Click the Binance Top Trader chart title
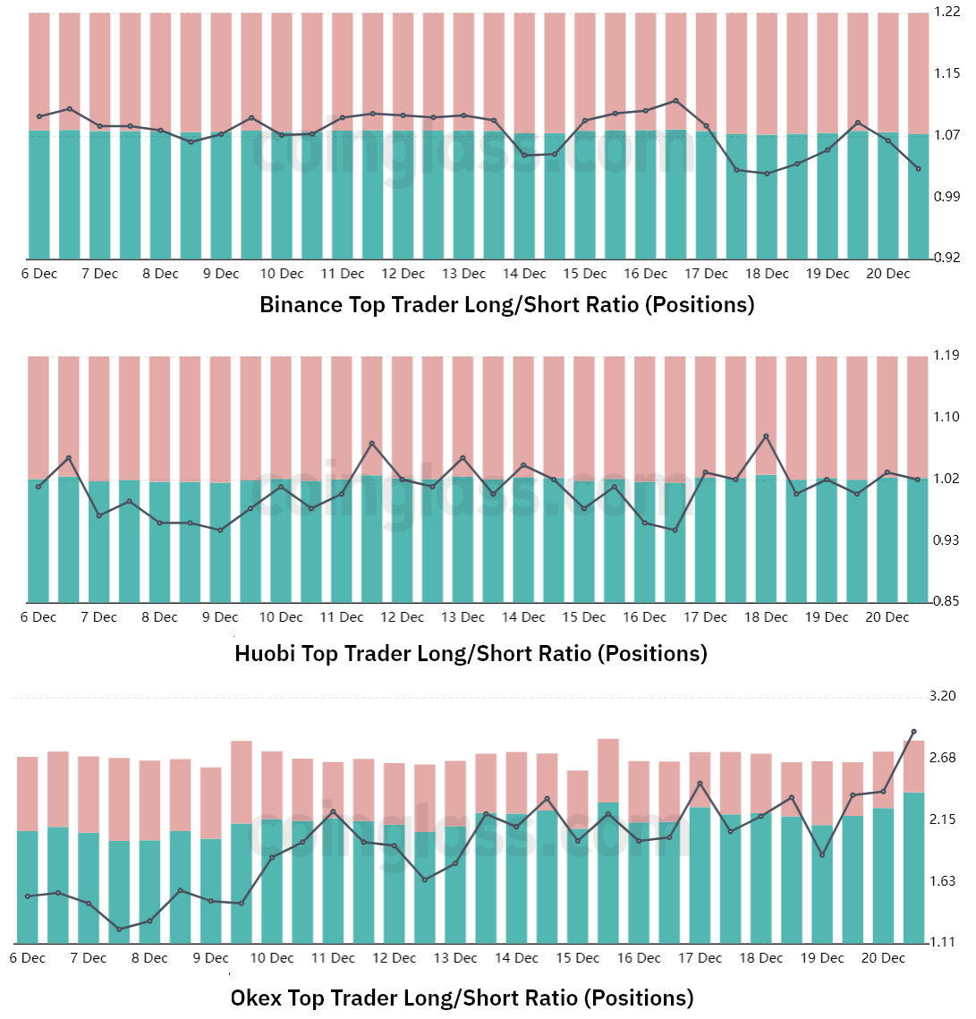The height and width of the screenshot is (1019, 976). [x=506, y=305]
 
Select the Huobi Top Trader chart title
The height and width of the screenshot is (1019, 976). [x=471, y=654]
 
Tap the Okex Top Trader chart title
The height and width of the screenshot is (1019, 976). [x=462, y=998]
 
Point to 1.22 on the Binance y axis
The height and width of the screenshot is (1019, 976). [x=946, y=12]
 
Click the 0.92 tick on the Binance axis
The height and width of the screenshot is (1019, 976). [x=946, y=258]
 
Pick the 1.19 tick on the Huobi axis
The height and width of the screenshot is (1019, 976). [x=946, y=355]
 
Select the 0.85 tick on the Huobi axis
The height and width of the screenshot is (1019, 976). [x=946, y=601]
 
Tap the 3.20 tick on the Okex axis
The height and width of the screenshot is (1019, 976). [x=944, y=696]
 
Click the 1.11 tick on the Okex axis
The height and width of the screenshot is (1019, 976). [x=944, y=942]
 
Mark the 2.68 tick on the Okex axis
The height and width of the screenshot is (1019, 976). [x=944, y=758]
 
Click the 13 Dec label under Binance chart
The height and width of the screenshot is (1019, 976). [x=463, y=274]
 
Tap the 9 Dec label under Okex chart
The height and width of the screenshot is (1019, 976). [x=211, y=958]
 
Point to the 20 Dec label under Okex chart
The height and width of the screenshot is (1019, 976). [x=883, y=958]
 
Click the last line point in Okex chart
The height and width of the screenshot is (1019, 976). [x=913, y=732]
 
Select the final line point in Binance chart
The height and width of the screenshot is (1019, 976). [x=919, y=168]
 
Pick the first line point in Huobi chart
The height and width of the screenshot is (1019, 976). [x=38, y=486]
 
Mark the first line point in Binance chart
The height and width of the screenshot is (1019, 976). [x=39, y=116]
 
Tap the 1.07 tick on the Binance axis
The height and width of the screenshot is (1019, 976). [x=946, y=135]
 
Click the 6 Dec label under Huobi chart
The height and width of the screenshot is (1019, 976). [x=38, y=617]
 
